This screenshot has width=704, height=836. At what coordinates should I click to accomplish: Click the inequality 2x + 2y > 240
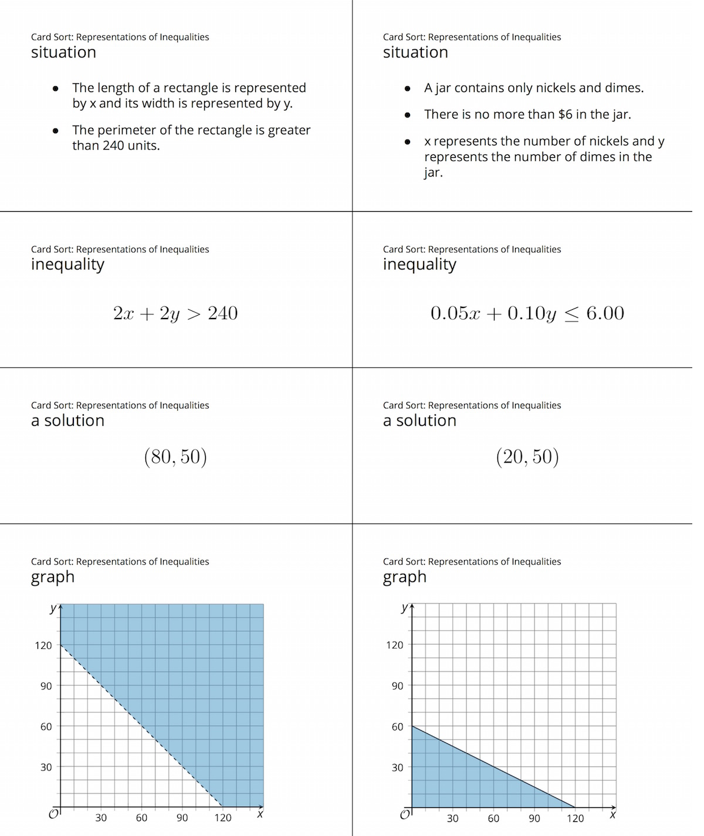[175, 313]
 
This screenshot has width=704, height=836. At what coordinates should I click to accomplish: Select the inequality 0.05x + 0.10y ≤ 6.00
[527, 313]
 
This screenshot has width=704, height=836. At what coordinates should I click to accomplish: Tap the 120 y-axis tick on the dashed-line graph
[43, 645]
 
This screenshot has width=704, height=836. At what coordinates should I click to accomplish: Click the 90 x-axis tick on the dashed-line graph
[182, 818]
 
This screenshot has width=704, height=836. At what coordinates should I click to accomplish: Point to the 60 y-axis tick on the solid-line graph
[398, 727]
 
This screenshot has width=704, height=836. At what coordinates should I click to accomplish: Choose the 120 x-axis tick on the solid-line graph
[575, 818]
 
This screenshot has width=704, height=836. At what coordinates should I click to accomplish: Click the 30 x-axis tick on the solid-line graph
[452, 818]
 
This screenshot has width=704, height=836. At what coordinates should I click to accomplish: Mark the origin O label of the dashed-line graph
[53, 814]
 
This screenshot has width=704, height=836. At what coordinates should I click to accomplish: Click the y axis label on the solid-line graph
[404, 608]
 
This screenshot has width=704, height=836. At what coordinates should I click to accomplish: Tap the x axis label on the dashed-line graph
[260, 814]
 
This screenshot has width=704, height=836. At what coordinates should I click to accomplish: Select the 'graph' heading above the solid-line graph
[404, 577]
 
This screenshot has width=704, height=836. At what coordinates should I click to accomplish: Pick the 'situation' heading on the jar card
[415, 52]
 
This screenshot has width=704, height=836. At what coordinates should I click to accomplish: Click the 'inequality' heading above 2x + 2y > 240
[67, 265]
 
